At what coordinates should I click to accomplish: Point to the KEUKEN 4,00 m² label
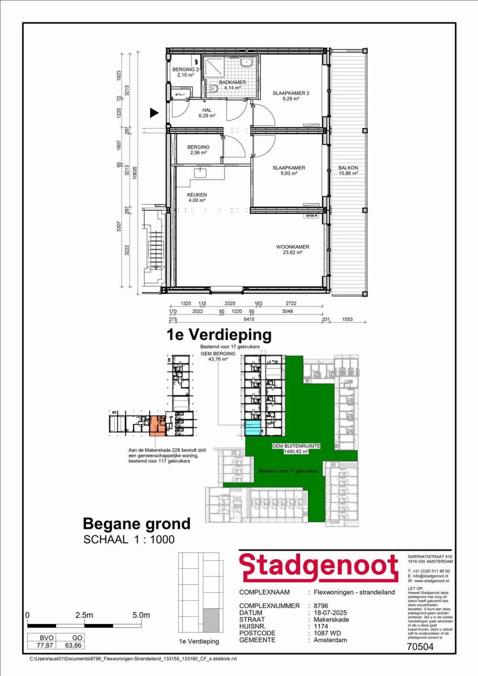[197, 197]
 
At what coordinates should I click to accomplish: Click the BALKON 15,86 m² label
[348, 171]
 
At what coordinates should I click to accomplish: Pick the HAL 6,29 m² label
[207, 113]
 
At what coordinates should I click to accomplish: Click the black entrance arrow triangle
[154, 113]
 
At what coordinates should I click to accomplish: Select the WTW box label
[311, 216]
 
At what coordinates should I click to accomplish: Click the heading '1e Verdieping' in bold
[219, 335]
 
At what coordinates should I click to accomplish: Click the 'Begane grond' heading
[137, 524]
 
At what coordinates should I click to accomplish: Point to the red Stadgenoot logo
[319, 567]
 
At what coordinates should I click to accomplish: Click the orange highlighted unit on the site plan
[157, 426]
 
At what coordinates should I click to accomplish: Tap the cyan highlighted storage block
[253, 428]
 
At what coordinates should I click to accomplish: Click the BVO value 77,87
[45, 645]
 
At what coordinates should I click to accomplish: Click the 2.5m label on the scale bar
[84, 615]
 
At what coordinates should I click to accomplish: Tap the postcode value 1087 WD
[327, 633]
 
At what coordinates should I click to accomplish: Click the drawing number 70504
[420, 647]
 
